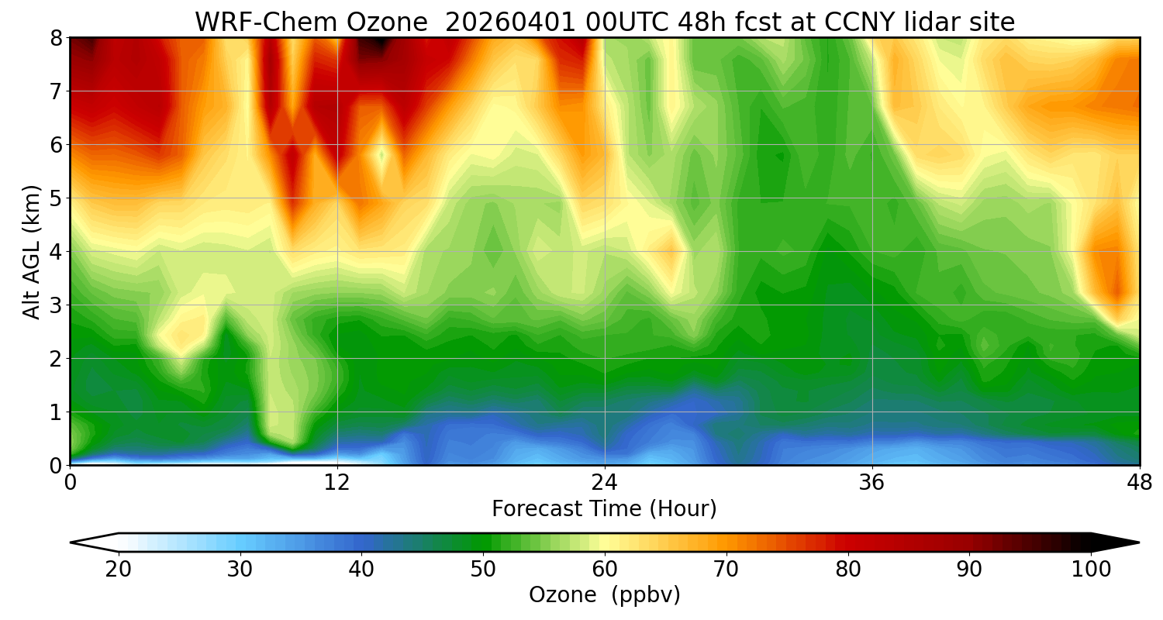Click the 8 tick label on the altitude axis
(55, 38)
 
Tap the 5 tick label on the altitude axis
(55, 198)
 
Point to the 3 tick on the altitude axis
(55, 305)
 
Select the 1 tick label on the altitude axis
(55, 412)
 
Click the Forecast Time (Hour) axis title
(604, 509)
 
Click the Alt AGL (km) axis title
(32, 252)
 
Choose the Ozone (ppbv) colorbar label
(604, 595)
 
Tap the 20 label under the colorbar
(119, 569)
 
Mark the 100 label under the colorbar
(1091, 569)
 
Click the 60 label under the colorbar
(605, 569)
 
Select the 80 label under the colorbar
(848, 569)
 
